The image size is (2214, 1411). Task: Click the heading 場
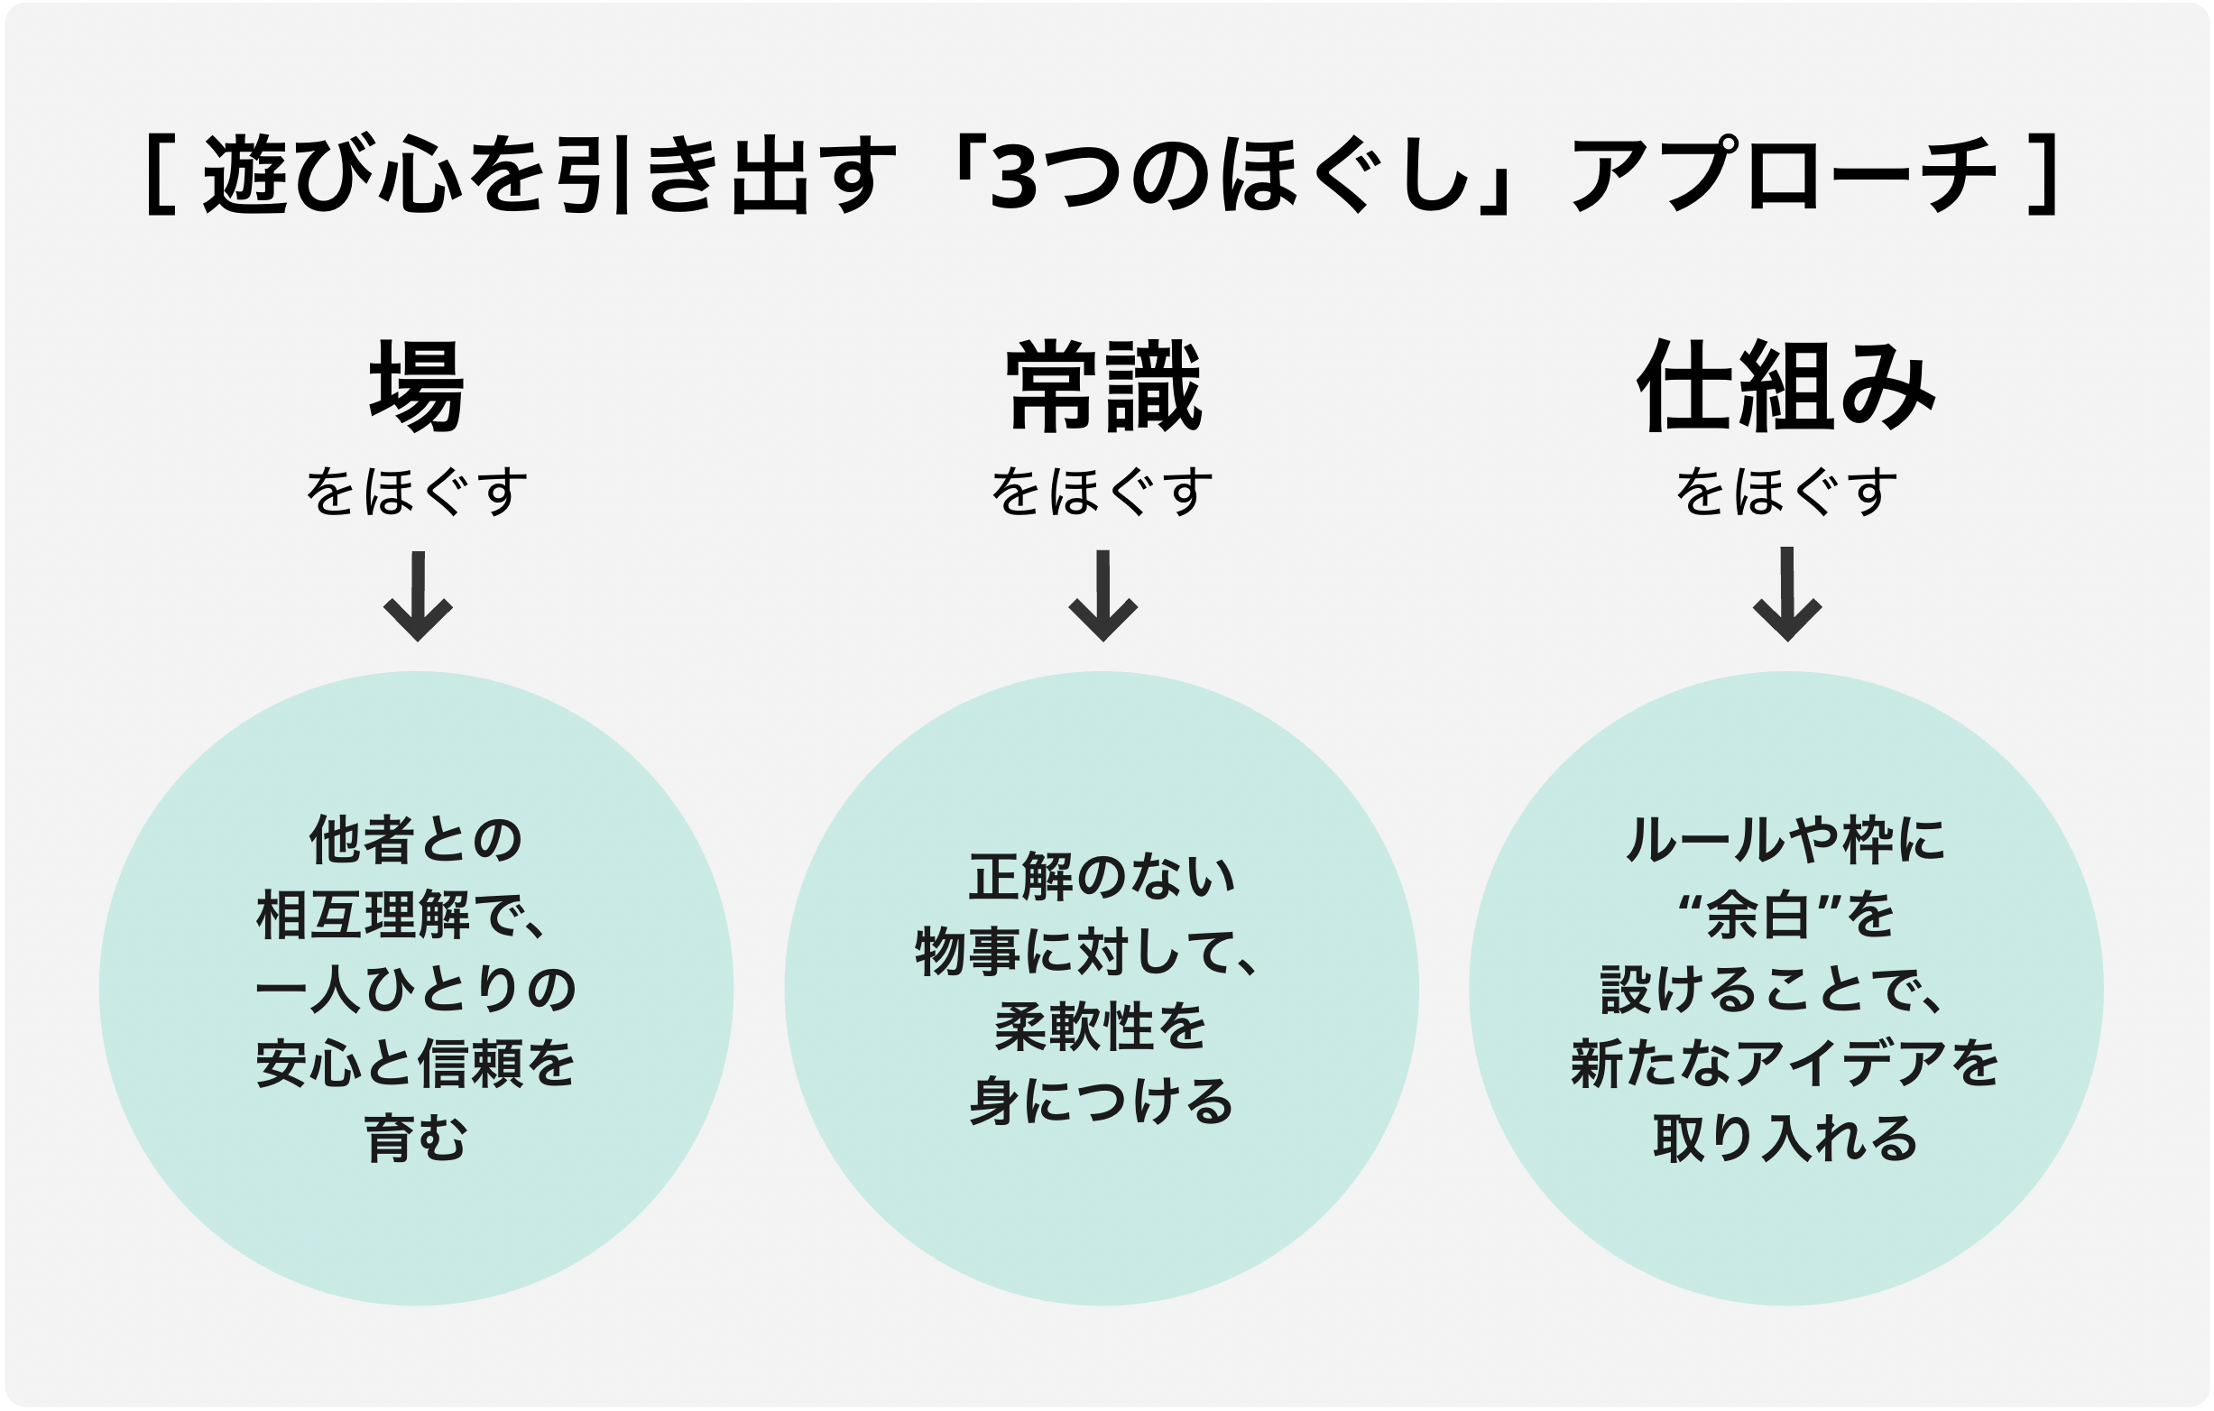(x=417, y=386)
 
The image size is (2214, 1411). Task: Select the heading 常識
(x=1103, y=386)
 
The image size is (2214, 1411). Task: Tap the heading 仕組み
(x=1785, y=386)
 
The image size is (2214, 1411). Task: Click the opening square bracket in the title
(x=160, y=175)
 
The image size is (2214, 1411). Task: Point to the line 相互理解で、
(x=402, y=917)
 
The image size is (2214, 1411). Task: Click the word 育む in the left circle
(x=417, y=1138)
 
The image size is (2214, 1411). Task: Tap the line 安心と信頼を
(x=416, y=1064)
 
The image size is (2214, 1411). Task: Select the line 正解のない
(x=1102, y=877)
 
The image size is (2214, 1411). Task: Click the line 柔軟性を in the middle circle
(x=1101, y=1026)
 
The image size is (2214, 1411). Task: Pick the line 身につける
(x=1102, y=1101)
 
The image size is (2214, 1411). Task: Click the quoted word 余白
(x=1757, y=917)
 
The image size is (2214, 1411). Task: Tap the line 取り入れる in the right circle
(x=1785, y=1138)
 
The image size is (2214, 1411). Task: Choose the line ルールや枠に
(x=1785, y=841)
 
